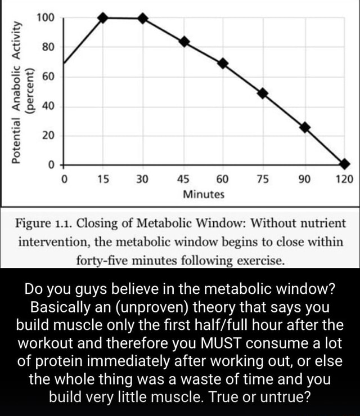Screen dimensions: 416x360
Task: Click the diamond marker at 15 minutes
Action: [102, 17]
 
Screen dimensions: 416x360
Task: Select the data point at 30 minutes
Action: [143, 18]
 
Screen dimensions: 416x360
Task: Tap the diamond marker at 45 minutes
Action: [184, 42]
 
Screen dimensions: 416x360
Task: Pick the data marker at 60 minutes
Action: [223, 62]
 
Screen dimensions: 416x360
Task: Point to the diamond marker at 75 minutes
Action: [263, 93]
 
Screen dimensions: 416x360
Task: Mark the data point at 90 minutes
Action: [305, 127]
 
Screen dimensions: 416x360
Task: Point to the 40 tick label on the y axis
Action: [48, 106]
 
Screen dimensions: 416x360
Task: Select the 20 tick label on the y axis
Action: [48, 136]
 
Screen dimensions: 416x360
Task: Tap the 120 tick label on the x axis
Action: [344, 180]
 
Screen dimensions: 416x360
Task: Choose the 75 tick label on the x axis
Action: [263, 180]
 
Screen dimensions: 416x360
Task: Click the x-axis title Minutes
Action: [203, 194]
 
